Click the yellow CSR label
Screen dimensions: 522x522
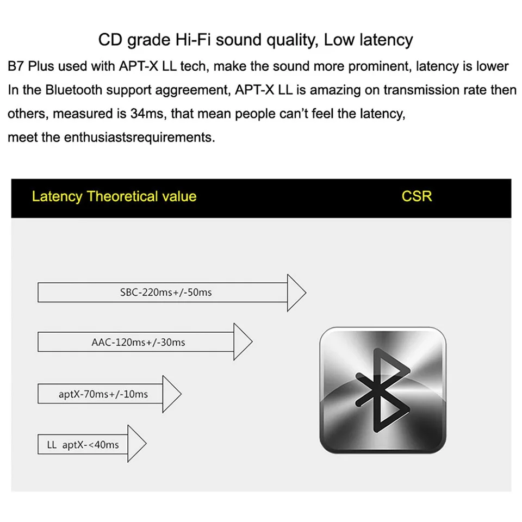(417, 196)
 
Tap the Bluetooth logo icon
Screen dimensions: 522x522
(382, 390)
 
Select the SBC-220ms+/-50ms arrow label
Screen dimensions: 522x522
(166, 293)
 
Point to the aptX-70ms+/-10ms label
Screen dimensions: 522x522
(103, 394)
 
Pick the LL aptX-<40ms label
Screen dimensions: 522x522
(83, 445)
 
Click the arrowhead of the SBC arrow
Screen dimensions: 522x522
(296, 293)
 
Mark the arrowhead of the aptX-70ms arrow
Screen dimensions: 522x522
(171, 394)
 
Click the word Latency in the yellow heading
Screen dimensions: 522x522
(57, 196)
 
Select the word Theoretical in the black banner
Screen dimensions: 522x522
(124, 196)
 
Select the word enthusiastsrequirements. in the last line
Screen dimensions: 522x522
(139, 138)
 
